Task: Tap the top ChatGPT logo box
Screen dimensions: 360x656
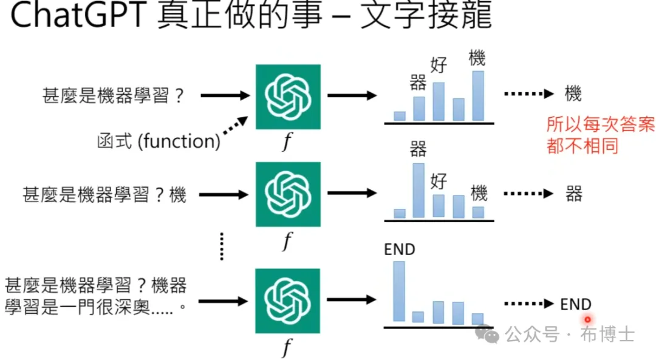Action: pos(287,97)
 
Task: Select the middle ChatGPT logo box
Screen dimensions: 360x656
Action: pos(287,194)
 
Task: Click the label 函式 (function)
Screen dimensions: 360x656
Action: pos(159,142)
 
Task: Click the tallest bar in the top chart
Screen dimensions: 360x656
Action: pos(478,96)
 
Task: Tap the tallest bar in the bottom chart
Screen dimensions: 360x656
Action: pos(399,291)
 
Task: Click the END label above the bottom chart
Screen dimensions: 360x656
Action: pos(399,249)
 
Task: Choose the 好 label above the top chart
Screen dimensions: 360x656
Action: pos(439,65)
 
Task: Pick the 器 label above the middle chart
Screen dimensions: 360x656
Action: pos(419,149)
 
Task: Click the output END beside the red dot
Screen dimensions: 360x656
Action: pos(576,304)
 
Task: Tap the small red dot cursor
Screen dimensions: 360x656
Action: pos(587,319)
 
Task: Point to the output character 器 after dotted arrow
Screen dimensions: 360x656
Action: pos(573,194)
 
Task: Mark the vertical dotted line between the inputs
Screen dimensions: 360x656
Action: pos(222,246)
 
